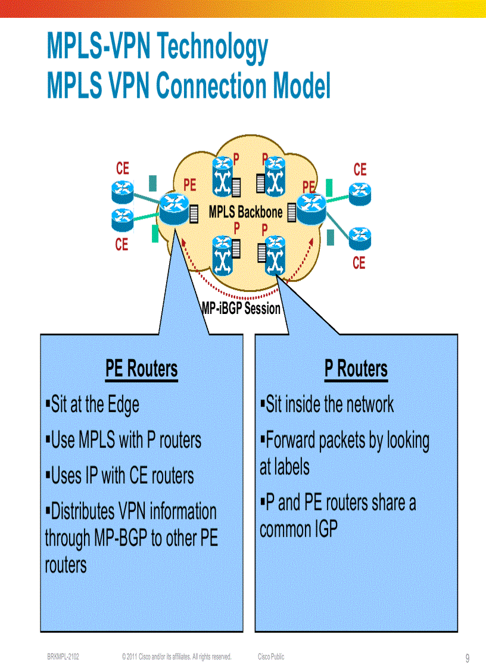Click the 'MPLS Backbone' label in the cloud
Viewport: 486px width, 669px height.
[x=245, y=212]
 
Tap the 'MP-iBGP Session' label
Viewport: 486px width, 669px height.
[x=241, y=309]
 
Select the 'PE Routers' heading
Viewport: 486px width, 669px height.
[x=141, y=369]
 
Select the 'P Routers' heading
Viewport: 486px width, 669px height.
[x=356, y=369]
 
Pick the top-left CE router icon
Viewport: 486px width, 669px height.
[x=122, y=191]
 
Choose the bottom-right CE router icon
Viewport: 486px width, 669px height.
[x=359, y=238]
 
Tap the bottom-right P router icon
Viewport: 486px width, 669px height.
[x=275, y=255]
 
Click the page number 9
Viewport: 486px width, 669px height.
[x=467, y=658]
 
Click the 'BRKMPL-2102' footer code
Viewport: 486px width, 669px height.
[x=63, y=656]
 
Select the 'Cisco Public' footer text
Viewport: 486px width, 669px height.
[x=271, y=656]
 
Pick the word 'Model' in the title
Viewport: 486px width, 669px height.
[x=301, y=86]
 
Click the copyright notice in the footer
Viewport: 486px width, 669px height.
[x=176, y=656]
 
